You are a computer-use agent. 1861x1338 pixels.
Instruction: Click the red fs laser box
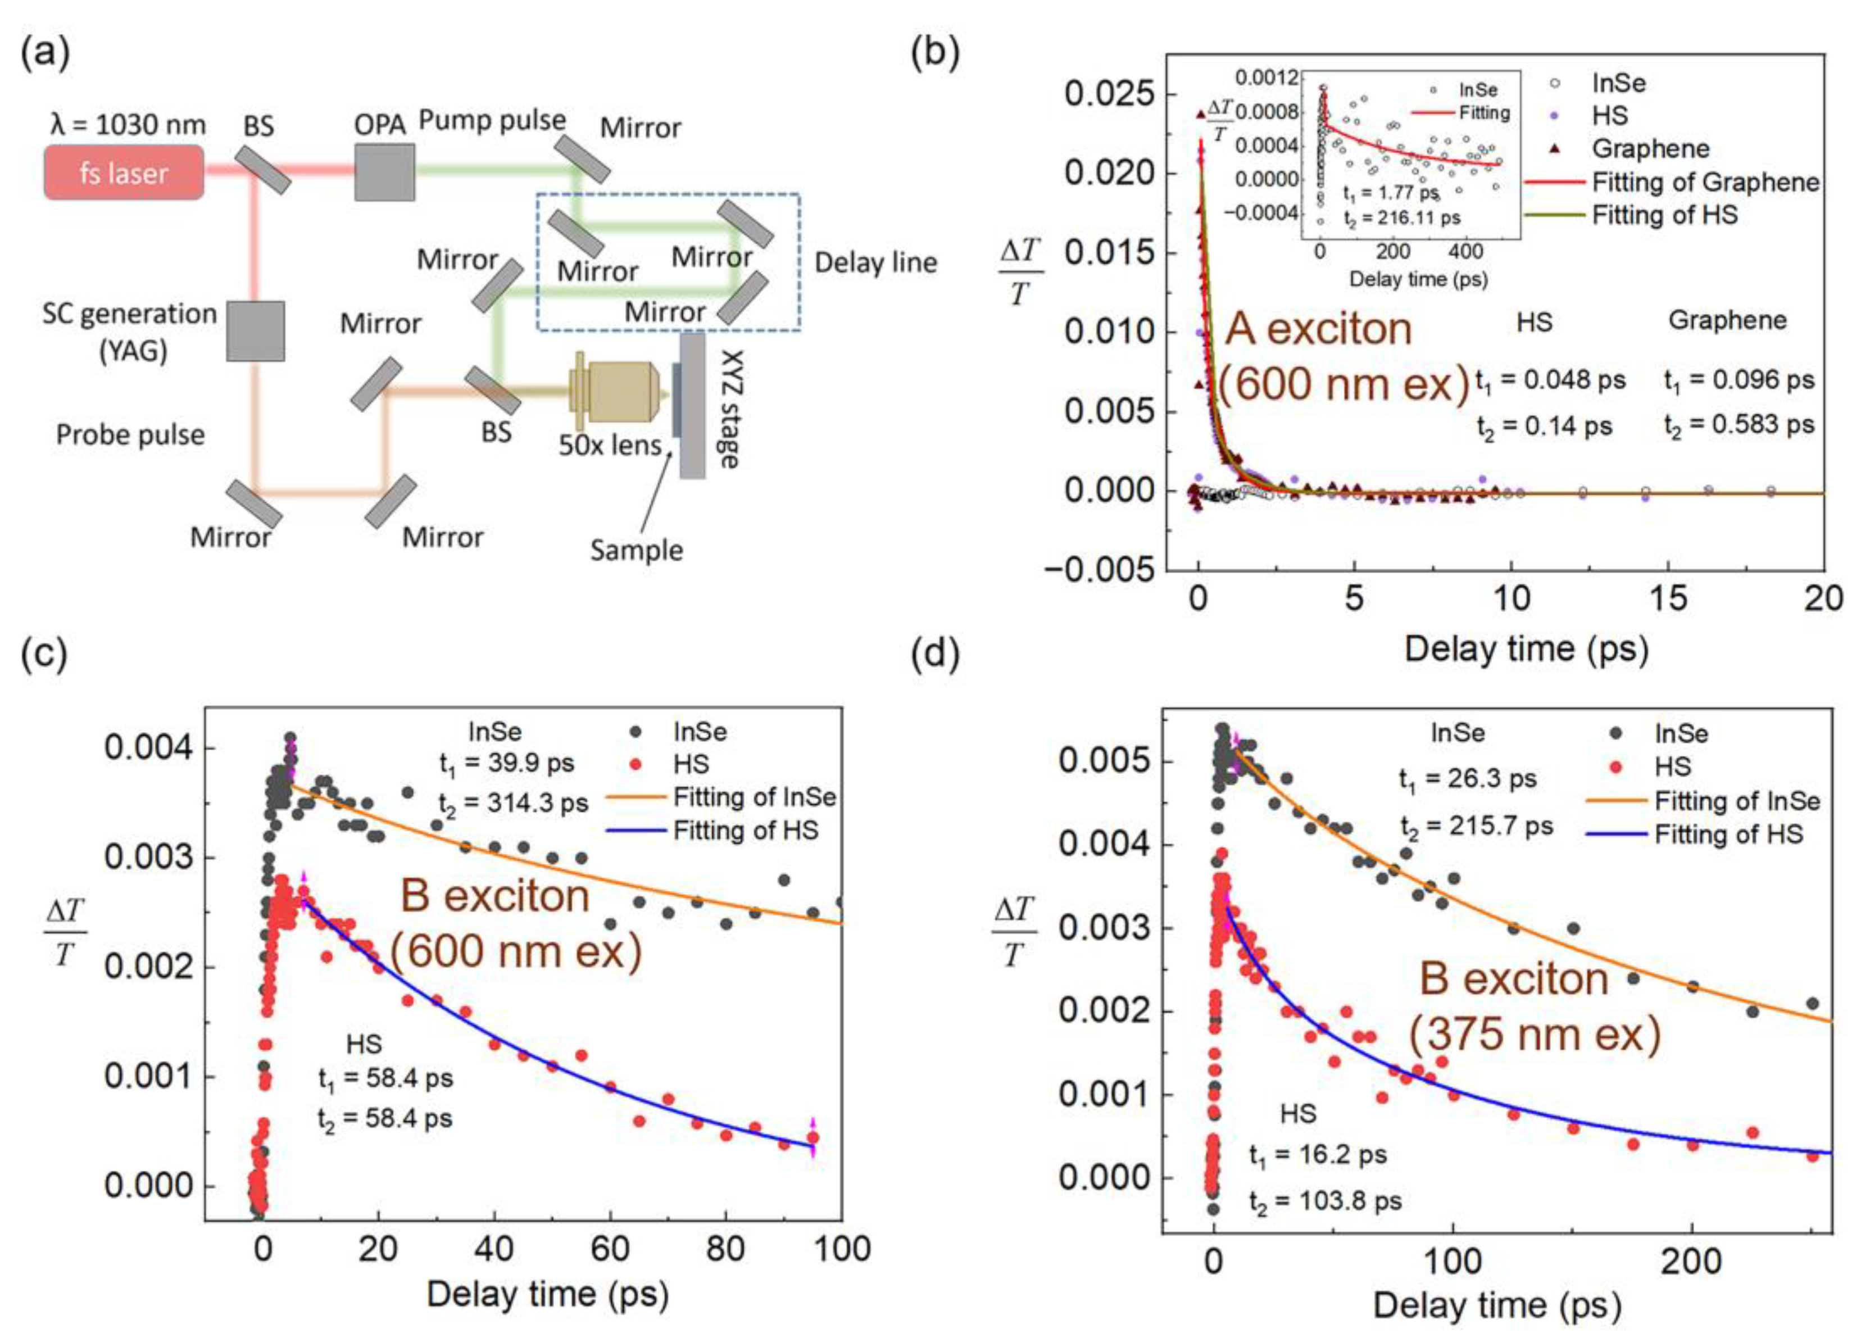click(124, 173)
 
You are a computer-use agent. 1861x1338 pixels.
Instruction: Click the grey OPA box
click(384, 173)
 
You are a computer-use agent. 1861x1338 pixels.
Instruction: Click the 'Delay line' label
click(875, 262)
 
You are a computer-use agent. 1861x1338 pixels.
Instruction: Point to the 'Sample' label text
click(636, 550)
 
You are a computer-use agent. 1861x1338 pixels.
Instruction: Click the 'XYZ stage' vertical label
click(729, 409)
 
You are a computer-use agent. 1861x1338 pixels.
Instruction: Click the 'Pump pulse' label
click(492, 121)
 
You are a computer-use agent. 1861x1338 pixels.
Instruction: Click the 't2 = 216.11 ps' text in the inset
click(1401, 219)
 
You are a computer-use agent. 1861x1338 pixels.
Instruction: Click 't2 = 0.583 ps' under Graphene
click(1739, 424)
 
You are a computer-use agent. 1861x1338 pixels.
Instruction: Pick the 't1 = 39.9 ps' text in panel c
click(506, 763)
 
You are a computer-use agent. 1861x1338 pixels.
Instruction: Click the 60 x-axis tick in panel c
click(610, 1249)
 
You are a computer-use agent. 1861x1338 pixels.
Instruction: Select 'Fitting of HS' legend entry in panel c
click(745, 831)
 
